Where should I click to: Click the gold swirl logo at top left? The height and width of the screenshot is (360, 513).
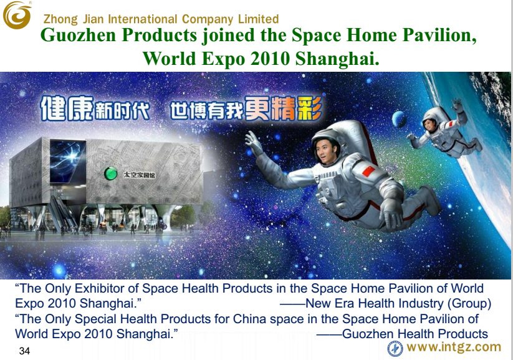pos(17,16)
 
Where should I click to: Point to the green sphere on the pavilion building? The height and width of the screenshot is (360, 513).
pos(110,173)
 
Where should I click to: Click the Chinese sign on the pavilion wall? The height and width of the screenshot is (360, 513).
pos(139,175)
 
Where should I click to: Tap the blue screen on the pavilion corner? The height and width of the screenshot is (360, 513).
pos(67,161)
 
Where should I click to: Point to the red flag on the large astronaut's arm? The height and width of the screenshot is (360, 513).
pos(369,172)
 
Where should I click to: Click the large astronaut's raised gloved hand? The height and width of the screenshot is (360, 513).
pos(254,142)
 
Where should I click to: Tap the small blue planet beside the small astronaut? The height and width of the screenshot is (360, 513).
pos(400,119)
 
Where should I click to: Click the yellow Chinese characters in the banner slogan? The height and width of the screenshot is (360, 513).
pos(284,108)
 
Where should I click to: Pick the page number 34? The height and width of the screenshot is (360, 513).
pos(24,351)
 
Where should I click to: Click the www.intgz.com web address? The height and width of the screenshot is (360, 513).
pos(454,346)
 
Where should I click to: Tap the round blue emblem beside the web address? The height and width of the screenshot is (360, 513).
pos(395,349)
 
